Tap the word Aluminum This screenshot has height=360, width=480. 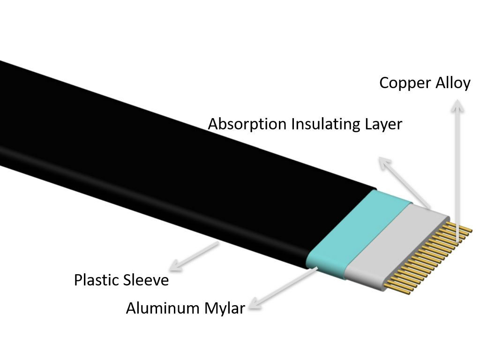(x=163, y=308)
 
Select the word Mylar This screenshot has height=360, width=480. (x=225, y=308)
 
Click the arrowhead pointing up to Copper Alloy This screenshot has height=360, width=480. (x=457, y=105)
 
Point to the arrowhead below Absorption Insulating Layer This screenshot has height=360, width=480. (x=385, y=163)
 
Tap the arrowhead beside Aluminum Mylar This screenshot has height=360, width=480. (x=256, y=303)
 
